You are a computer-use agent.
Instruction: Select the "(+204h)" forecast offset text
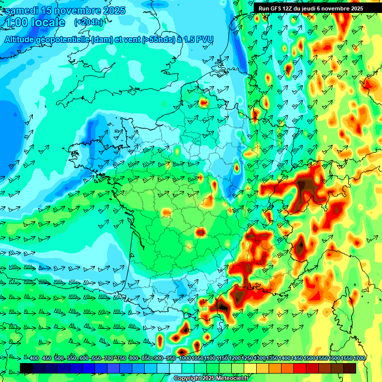click(89, 22)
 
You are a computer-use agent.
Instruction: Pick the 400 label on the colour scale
click(34, 359)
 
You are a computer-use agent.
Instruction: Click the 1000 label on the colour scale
click(185, 359)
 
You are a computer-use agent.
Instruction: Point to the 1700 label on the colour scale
click(359, 359)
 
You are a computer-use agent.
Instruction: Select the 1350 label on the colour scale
click(272, 359)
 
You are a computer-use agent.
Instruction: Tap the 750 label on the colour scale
click(121, 359)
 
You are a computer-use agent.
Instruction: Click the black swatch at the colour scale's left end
click(26, 368)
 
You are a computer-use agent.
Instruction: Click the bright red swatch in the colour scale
click(300, 368)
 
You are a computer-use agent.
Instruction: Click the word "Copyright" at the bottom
click(189, 379)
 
